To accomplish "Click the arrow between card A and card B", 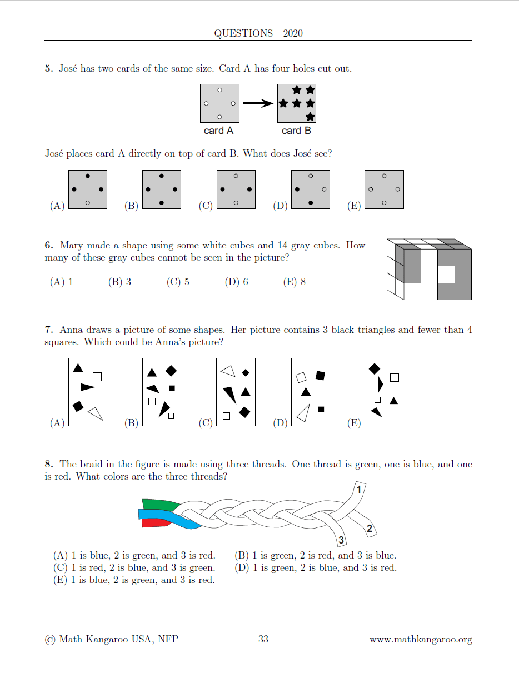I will click(x=258, y=103).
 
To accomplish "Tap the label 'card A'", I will click(x=219, y=131).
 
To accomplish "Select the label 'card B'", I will click(x=296, y=131).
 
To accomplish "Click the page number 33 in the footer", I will click(x=263, y=639).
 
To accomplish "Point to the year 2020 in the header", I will click(x=293, y=33).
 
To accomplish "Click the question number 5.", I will click(x=48, y=69).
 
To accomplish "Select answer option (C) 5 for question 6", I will click(x=178, y=282).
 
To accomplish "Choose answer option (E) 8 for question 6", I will click(x=295, y=282).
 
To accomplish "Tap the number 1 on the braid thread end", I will click(x=358, y=490).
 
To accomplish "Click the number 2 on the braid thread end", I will click(x=370, y=529).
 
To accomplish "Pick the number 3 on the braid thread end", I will click(x=341, y=540).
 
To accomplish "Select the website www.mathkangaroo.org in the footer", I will click(x=421, y=639).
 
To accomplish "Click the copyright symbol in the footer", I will click(x=50, y=640).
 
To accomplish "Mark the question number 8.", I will click(x=48, y=464).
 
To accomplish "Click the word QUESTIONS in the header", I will click(x=243, y=33).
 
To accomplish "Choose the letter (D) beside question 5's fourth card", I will click(x=280, y=206).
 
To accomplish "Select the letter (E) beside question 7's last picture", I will click(x=354, y=423).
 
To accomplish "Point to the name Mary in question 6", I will click(x=71, y=245).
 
